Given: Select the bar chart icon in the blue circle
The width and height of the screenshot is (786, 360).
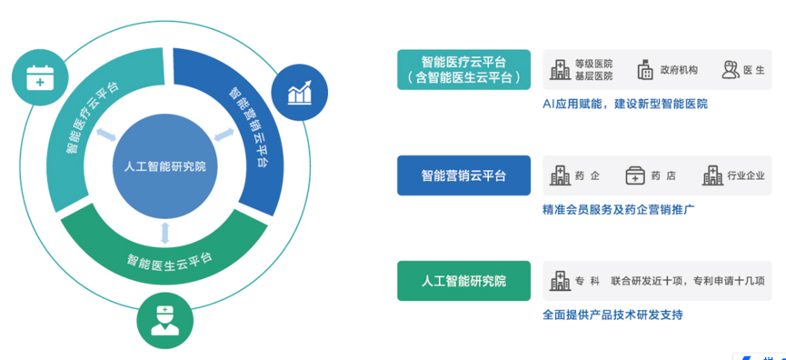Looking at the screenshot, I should click(x=299, y=91).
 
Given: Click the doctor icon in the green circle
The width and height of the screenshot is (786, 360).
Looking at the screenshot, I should click(x=164, y=318).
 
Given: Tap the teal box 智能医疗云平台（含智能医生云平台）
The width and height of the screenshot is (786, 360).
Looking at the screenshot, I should click(x=463, y=70).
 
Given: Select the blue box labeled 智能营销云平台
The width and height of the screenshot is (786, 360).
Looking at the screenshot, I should click(x=463, y=175).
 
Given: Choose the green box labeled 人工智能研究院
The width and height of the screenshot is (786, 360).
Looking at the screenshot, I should click(x=463, y=281).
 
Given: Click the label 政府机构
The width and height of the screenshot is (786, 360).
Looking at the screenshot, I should click(x=680, y=70).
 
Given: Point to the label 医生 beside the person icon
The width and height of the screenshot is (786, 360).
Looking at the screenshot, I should click(x=754, y=70).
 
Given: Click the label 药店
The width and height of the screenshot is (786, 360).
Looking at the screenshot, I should click(x=663, y=175).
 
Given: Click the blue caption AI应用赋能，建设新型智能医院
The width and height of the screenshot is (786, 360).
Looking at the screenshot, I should click(x=624, y=104).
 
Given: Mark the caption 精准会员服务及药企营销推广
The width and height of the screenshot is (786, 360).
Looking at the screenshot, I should click(x=618, y=209).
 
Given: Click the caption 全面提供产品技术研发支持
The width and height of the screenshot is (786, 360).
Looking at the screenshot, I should click(x=612, y=315).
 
